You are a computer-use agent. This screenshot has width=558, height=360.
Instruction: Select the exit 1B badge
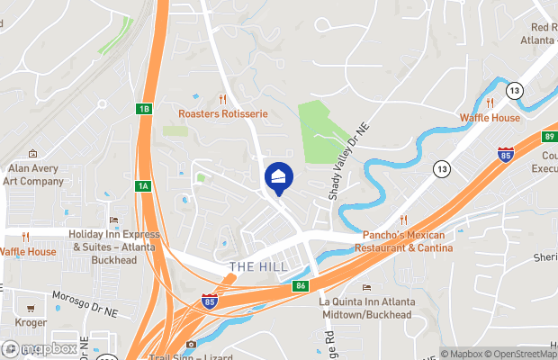[144, 109]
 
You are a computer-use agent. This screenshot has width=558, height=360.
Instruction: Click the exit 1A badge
[143, 186]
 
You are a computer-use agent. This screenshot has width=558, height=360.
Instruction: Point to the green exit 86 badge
[301, 286]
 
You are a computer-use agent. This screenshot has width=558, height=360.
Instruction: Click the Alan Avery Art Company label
[33, 175]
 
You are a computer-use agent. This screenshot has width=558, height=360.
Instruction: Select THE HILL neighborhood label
[258, 267]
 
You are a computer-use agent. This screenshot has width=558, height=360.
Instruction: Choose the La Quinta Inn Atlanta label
[367, 307]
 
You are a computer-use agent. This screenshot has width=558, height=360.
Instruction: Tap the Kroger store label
[30, 320]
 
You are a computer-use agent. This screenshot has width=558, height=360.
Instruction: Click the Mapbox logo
[40, 348]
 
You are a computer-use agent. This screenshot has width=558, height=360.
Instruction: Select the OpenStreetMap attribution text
[526, 354]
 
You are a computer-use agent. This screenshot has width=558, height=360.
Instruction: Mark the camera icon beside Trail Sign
[190, 345]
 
